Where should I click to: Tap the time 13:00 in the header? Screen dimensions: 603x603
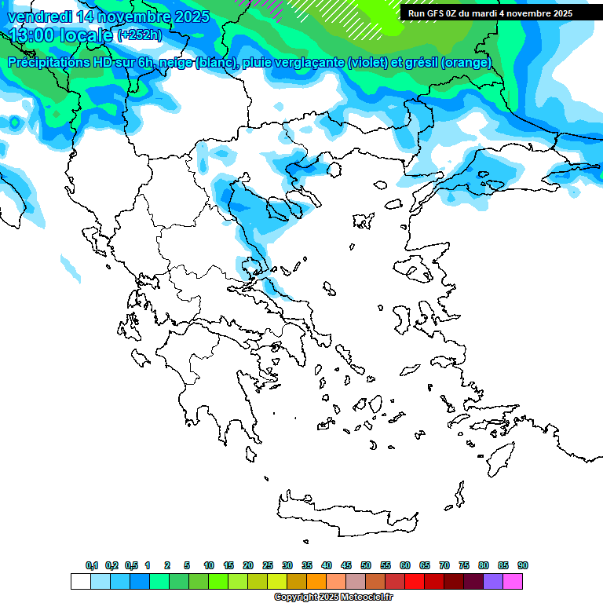(34, 35)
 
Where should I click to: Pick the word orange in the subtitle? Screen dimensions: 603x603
(467, 63)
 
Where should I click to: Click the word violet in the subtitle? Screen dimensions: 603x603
(367, 63)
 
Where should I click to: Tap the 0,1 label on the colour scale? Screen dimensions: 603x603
(92, 565)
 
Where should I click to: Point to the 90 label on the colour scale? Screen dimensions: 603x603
(523, 565)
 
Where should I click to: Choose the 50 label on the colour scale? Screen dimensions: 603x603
(366, 565)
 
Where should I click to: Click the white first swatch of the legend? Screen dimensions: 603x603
(80, 581)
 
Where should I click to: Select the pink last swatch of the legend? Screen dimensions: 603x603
(513, 581)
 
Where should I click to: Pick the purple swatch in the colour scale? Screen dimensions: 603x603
(493, 581)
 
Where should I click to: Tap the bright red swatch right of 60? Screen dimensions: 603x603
(415, 581)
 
